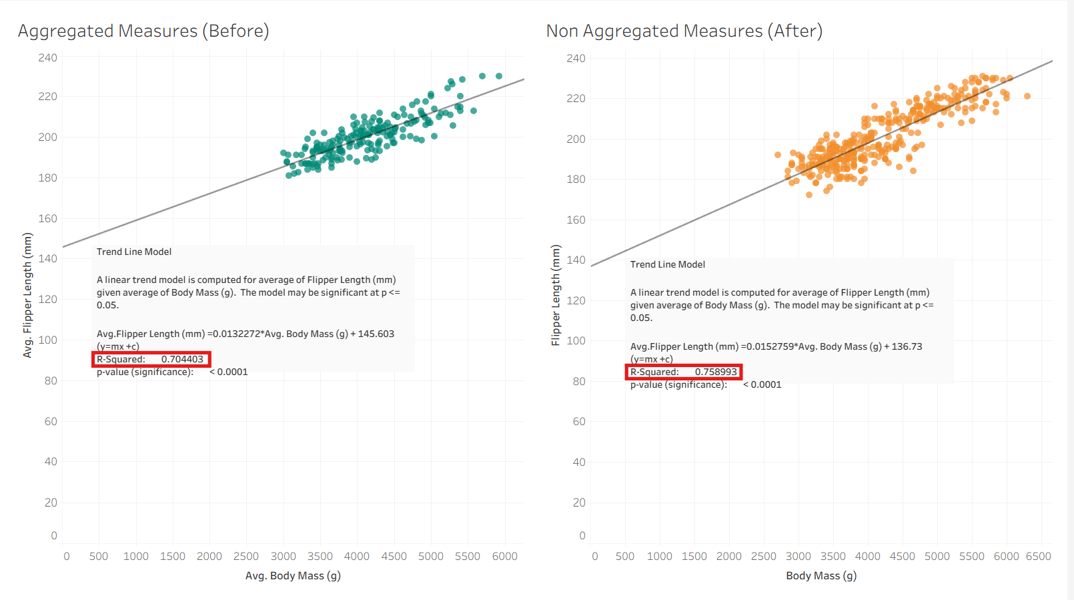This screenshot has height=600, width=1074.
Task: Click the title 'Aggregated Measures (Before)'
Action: (143, 31)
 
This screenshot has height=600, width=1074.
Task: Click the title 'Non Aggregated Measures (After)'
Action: (684, 31)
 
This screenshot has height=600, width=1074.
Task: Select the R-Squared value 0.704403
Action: (182, 359)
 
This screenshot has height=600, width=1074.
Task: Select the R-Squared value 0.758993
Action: (716, 372)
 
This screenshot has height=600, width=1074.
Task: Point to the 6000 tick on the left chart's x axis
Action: (504, 557)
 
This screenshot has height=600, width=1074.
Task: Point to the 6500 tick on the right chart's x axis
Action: (1038, 557)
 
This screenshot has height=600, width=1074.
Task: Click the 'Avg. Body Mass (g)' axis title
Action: (293, 576)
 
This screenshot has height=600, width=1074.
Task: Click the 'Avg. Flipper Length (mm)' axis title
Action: (27, 295)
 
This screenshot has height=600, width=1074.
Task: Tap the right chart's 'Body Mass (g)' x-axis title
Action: (821, 576)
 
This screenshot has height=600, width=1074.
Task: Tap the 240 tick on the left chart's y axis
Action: (47, 58)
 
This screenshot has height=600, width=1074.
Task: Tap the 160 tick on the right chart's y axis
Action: (576, 220)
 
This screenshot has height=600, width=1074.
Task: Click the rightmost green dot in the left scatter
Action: (499, 76)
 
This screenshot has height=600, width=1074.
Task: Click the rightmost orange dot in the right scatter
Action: (1027, 96)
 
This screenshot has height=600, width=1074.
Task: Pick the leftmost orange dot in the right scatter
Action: (778, 155)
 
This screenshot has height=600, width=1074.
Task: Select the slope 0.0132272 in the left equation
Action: (237, 334)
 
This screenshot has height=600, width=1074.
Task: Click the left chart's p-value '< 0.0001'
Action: (229, 372)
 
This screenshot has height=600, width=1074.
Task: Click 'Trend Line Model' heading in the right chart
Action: (668, 264)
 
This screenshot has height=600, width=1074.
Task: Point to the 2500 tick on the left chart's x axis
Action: (246, 557)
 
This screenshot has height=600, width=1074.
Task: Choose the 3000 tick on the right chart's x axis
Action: (798, 557)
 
